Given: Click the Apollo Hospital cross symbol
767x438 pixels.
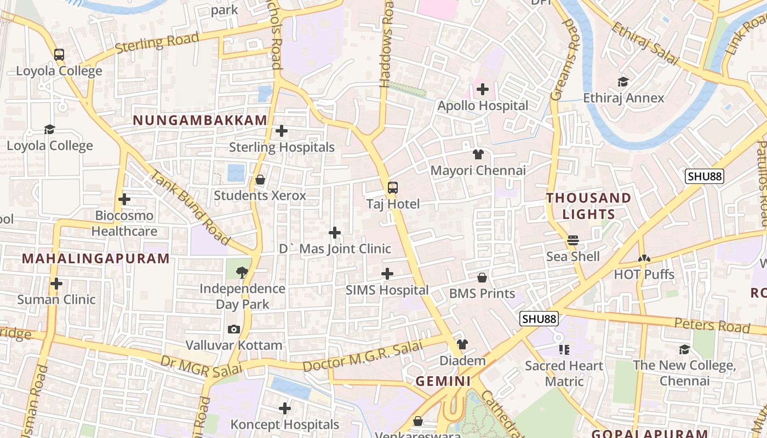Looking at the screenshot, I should click(483, 89).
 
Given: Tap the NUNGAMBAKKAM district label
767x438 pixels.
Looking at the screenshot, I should click(200, 120).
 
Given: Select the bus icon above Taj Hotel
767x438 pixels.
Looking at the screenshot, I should click(393, 188).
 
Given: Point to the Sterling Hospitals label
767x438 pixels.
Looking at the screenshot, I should click(282, 147).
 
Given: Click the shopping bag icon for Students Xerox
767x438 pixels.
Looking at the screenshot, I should click(260, 180).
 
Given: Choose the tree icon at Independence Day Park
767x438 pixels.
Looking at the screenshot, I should click(242, 272).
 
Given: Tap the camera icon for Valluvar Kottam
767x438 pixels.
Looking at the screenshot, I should click(234, 329).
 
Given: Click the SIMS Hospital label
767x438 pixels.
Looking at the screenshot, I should click(387, 290).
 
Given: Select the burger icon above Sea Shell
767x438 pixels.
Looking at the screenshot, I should click(573, 240).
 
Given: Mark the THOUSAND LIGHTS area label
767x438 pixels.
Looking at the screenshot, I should click(588, 206).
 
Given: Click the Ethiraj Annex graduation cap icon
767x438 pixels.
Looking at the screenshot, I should click(623, 82).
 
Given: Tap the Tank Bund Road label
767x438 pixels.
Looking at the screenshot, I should click(189, 208).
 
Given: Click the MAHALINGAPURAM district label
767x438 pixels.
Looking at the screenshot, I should click(96, 259).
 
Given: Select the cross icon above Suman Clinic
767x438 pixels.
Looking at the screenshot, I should click(56, 284).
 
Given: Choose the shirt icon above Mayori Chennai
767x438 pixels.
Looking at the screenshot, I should click(478, 154).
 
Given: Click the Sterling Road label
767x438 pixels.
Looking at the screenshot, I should click(158, 43).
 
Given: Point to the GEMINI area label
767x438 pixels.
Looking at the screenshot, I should click(443, 382).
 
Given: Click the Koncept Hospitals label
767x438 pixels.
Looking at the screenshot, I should click(285, 424).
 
